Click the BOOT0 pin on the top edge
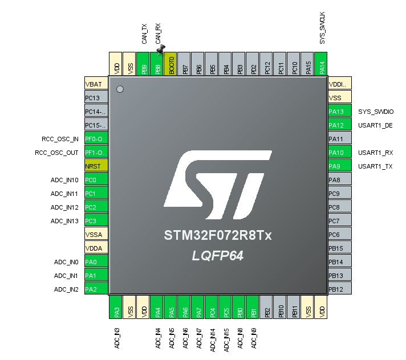click(170, 64)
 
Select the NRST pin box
click(96, 165)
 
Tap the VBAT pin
click(96, 83)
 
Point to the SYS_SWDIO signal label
click(376, 112)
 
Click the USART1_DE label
click(375, 125)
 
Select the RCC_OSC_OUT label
click(56, 153)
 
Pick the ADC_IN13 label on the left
click(64, 221)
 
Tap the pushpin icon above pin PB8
click(161, 50)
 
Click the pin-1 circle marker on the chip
click(120, 89)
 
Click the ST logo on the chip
click(218, 185)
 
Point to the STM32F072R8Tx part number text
click(218, 235)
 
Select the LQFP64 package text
click(217, 256)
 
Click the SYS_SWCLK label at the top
click(322, 28)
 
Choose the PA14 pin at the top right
click(321, 64)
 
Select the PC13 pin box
click(96, 97)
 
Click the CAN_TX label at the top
click(144, 34)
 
